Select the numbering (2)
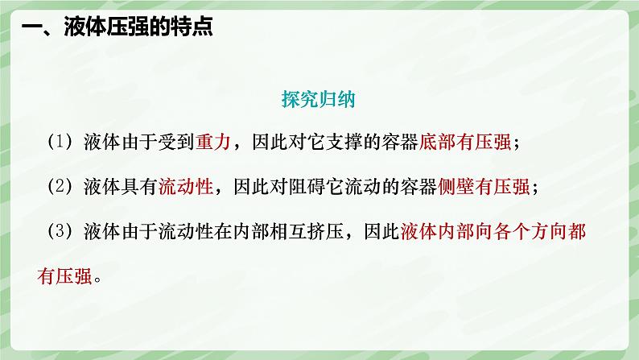coord(60,187)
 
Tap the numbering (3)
coord(60,232)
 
